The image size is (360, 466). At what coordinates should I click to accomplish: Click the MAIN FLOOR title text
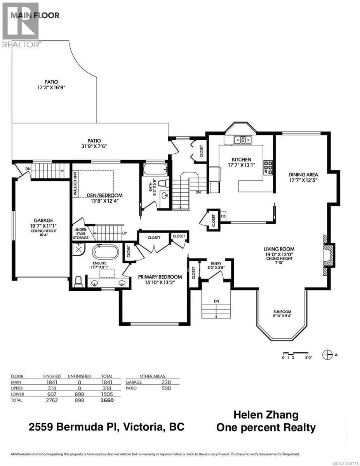pyautogui.click(x=35, y=16)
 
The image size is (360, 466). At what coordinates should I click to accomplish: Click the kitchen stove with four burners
pyautogui.click(x=268, y=167)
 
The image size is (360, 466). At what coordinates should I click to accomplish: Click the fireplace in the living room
pyautogui.click(x=328, y=256)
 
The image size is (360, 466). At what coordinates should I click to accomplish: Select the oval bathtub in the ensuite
pyautogui.click(x=105, y=252)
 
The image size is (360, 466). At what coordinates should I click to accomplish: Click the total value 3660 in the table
pyautogui.click(x=106, y=400)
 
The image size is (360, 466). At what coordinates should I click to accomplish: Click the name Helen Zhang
pyautogui.click(x=266, y=415)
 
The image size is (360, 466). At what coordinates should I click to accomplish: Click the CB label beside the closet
pyautogui.click(x=223, y=216)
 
